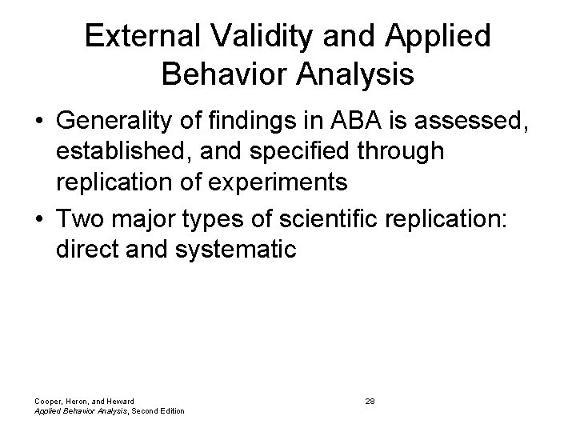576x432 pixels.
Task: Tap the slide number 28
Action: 370,400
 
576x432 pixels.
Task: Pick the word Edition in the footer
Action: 169,411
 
